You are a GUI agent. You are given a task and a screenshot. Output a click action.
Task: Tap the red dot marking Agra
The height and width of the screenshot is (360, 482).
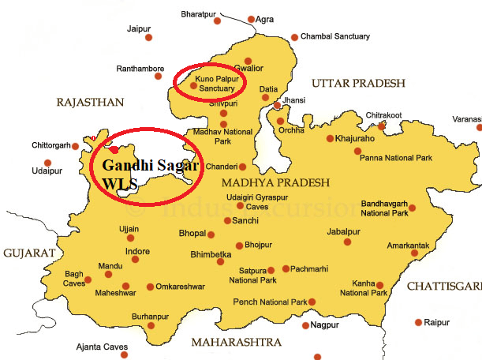coord(251,19)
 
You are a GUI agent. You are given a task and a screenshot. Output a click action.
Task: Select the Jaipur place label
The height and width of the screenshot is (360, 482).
coord(139,29)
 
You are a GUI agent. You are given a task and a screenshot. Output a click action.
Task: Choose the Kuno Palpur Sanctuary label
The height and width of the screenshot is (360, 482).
coord(216,84)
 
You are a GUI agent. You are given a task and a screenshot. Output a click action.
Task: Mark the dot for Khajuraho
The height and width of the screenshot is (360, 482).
coord(330,139)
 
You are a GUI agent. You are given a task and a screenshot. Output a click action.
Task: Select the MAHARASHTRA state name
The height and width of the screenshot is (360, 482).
coord(235,343)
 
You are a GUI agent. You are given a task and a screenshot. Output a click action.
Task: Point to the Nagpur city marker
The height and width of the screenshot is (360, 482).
coord(305,324)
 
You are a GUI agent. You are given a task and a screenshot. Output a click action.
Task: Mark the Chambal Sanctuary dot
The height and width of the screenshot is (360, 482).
coord(295,37)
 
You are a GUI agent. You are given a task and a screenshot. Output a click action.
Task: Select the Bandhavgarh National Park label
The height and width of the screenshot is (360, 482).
coord(384,208)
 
